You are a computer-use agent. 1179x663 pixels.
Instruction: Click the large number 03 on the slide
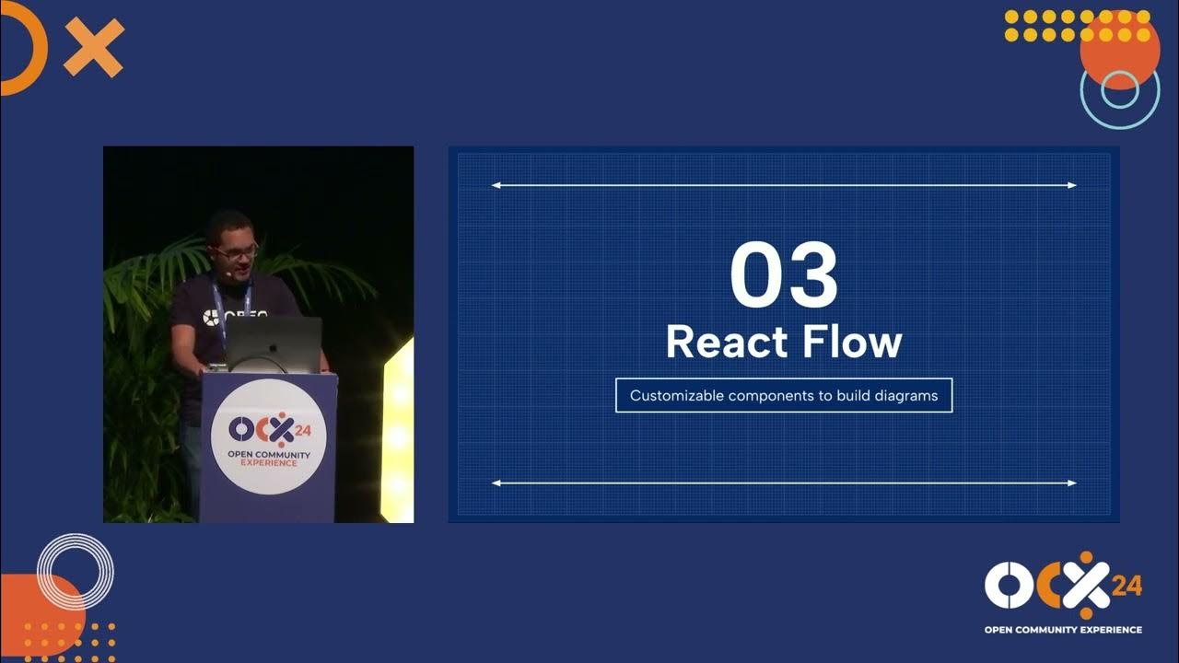pos(784,275)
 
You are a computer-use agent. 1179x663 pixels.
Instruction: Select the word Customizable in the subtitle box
pos(677,396)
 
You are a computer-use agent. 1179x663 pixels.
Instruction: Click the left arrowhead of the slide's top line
pos(496,185)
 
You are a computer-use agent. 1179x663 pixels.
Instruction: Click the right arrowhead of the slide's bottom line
pos(1071,483)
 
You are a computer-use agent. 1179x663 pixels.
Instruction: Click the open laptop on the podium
pos(274,343)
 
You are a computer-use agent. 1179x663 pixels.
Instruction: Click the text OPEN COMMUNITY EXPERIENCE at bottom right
pos(1063,630)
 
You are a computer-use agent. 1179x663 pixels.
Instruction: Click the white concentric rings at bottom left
pos(75,571)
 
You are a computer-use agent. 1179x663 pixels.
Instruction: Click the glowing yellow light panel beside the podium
pos(400,433)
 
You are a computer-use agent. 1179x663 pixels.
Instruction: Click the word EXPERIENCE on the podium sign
pos(268,463)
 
